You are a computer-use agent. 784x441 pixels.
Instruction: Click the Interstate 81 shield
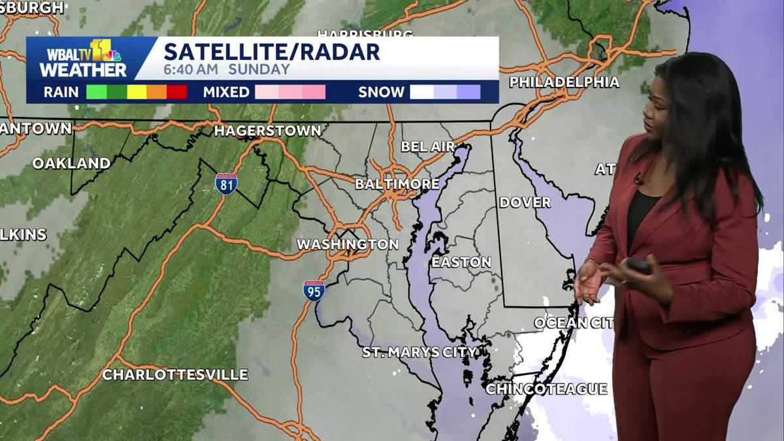(x=226, y=184)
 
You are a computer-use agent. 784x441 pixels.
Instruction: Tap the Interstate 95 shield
(x=314, y=290)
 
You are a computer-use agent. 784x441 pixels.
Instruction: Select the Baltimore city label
(x=397, y=184)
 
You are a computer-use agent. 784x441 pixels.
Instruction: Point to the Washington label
(x=348, y=244)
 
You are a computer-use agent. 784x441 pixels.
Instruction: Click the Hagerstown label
(x=268, y=131)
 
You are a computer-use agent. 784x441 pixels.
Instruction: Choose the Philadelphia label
(x=564, y=82)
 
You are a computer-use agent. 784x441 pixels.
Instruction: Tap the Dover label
(x=525, y=203)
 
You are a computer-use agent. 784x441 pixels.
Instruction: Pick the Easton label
(x=461, y=262)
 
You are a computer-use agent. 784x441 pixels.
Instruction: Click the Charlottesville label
(x=175, y=375)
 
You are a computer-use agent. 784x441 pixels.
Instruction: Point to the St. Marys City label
(x=419, y=352)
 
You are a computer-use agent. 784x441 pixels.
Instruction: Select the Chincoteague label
(x=546, y=389)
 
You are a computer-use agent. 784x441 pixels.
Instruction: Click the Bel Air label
(x=427, y=146)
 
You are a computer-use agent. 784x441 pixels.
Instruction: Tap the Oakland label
(x=72, y=163)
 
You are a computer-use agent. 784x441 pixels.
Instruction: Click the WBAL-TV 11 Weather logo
(x=83, y=59)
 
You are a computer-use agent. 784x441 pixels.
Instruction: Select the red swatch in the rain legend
(x=177, y=92)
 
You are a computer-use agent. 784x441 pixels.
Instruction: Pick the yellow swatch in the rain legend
(x=137, y=92)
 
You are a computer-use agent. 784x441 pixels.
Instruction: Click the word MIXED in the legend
(x=226, y=92)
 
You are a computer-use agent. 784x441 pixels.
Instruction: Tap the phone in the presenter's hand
(x=639, y=265)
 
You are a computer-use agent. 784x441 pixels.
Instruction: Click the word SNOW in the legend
(x=381, y=92)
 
